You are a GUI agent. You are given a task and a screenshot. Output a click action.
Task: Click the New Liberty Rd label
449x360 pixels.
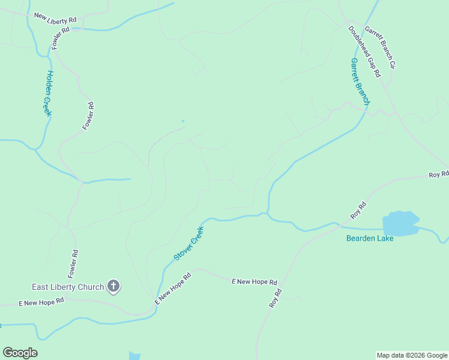[55, 18]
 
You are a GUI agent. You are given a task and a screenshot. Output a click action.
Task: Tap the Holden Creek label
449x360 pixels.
[47, 93]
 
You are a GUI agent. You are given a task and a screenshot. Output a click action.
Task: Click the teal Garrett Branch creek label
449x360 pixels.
[361, 82]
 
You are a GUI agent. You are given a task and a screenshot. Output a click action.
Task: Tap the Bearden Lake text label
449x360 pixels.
[370, 238]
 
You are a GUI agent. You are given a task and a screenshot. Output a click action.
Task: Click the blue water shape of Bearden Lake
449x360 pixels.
[401, 223]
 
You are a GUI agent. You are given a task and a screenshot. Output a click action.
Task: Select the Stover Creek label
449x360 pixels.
[189, 243]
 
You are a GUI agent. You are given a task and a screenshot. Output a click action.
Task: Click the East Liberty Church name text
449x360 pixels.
[68, 287]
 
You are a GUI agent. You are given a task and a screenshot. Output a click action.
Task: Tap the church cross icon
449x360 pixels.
[113, 286]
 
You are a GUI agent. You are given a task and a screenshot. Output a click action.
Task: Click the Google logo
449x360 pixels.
[20, 352]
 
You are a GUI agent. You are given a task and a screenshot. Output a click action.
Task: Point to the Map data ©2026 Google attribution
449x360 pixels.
[412, 355]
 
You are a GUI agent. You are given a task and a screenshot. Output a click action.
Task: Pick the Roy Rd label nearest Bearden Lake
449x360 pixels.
[358, 211]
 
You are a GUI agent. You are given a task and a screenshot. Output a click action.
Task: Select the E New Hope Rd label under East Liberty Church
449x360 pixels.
[41, 302]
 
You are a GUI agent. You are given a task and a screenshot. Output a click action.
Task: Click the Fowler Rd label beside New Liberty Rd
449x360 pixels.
[61, 38]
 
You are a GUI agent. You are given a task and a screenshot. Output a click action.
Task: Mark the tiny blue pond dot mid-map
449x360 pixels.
[183, 121]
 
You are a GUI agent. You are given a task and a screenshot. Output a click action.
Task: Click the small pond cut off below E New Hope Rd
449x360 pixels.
[134, 356]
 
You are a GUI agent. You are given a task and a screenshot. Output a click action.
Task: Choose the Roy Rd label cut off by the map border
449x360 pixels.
[439, 174]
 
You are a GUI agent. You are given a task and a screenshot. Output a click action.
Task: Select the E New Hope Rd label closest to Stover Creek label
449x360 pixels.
[173, 289]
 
